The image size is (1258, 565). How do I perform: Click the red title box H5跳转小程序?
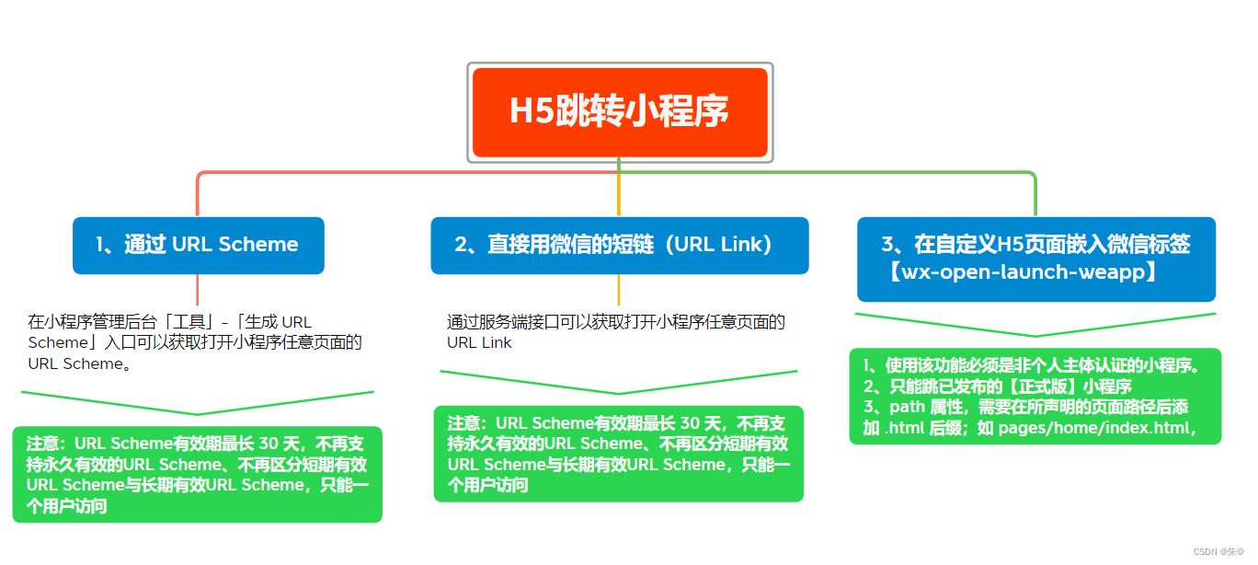pos(619,112)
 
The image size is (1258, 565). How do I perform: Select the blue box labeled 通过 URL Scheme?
pos(199,245)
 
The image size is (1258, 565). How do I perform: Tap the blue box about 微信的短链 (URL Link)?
pos(619,245)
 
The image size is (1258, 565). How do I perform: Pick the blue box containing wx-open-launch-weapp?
pos(1036,259)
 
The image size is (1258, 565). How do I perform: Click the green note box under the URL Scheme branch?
pos(197,474)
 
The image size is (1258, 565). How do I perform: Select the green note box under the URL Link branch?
pos(619,454)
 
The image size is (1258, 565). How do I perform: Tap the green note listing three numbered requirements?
pos(1035,396)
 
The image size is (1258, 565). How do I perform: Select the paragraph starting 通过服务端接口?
pos(615,331)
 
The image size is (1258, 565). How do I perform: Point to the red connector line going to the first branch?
pos(198,193)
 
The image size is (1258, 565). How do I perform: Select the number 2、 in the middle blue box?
pos(466,245)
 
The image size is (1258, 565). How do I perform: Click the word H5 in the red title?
pos(530,112)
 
